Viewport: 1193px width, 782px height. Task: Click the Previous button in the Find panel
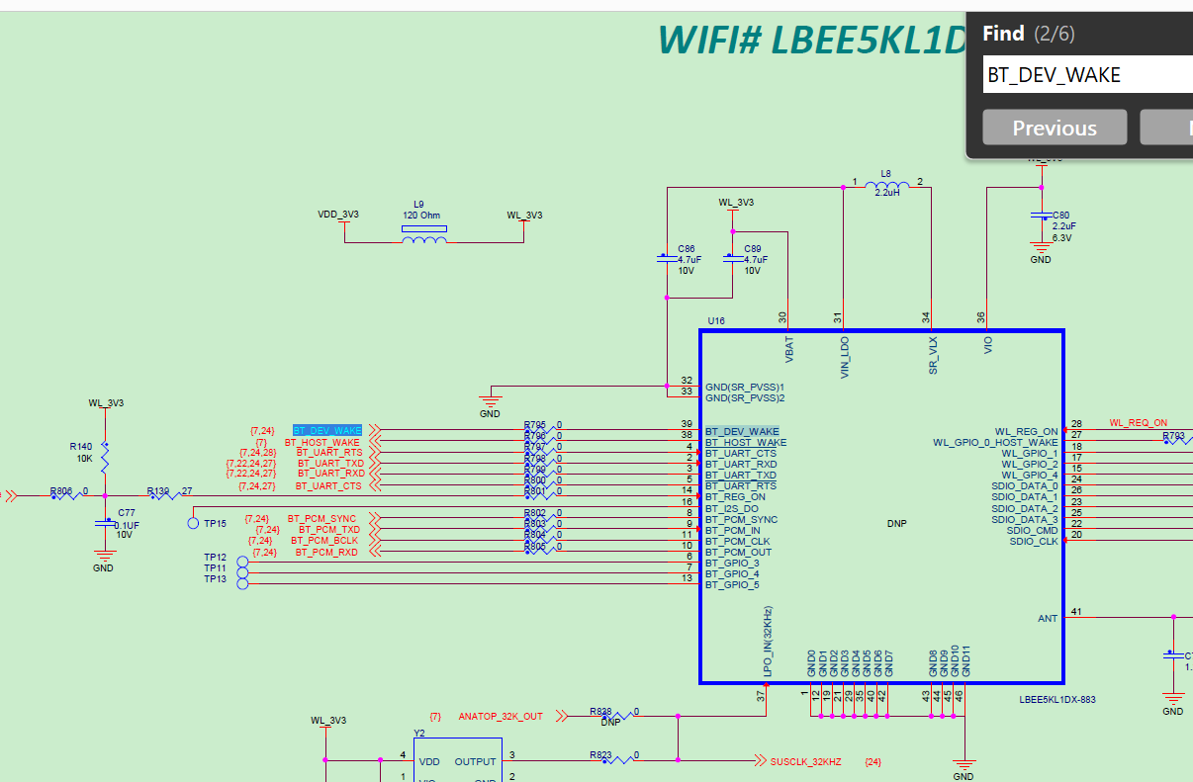[x=1054, y=128]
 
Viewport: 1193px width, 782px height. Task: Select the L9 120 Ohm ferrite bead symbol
[x=423, y=233]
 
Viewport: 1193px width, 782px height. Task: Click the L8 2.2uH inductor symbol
[x=886, y=186]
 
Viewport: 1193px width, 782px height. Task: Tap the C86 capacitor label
[x=686, y=249]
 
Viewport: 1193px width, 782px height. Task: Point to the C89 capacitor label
[x=753, y=249]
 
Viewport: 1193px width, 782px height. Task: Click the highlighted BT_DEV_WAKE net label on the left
[x=327, y=431]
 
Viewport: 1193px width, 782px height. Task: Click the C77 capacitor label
[x=127, y=513]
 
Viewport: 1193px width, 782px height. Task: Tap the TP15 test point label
[x=215, y=523]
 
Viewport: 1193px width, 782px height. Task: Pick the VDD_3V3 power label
[x=337, y=215]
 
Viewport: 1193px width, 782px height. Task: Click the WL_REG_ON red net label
[x=1138, y=423]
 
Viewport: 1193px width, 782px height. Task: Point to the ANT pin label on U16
[x=1047, y=619]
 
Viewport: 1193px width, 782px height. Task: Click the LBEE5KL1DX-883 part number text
[x=1057, y=699]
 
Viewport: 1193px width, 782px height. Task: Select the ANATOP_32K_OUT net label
[x=501, y=716]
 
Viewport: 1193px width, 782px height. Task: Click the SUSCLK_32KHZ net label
[x=805, y=761]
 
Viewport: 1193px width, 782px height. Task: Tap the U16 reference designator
[x=716, y=321]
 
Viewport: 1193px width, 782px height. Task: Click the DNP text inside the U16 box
[x=896, y=524]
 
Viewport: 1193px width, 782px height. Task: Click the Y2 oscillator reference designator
[x=419, y=733]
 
